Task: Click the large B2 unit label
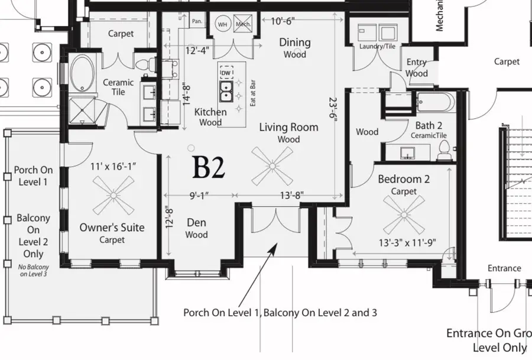[209, 168]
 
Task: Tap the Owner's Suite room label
[112, 228]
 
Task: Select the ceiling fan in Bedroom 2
[404, 213]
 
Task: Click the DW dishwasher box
[226, 73]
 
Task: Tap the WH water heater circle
[223, 24]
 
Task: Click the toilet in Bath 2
[443, 153]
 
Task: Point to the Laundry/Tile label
[377, 46]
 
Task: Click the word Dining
[294, 43]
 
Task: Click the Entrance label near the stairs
[504, 268]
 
